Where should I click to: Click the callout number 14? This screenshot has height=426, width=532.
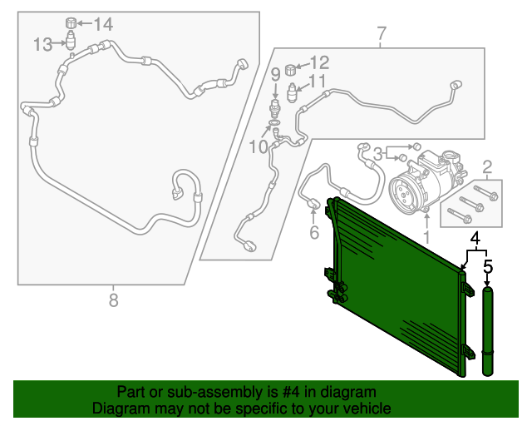(x=102, y=24)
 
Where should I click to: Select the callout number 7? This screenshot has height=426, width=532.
(x=382, y=34)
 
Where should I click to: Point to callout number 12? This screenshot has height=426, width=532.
(x=320, y=62)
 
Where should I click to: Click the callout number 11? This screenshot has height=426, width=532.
(x=318, y=82)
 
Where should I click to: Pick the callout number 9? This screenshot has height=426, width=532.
(x=275, y=75)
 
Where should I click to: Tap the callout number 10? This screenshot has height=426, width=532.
(x=258, y=146)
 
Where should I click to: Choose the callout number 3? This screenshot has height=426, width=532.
(x=377, y=153)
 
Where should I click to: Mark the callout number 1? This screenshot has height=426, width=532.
(x=426, y=237)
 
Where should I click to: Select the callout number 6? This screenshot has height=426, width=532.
(x=314, y=233)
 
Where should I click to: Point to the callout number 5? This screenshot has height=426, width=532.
(x=488, y=267)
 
